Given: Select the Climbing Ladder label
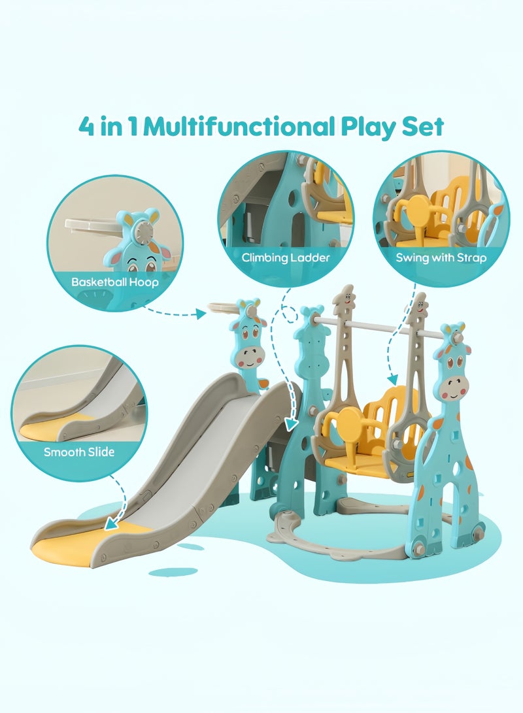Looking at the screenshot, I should click(x=286, y=257).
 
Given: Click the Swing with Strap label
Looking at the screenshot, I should click(x=441, y=257).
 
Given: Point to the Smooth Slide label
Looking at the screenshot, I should click(x=79, y=452).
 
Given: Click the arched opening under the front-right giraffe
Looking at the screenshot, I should click(x=449, y=497).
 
